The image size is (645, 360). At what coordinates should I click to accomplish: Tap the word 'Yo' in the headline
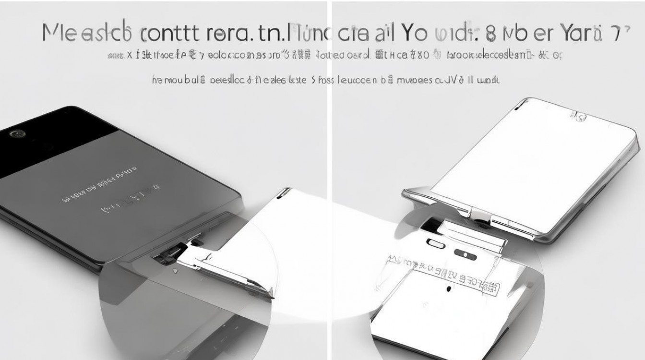[x=402, y=33]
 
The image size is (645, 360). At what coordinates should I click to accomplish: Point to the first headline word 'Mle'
[x=58, y=33]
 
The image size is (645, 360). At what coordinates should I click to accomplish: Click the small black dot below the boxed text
[x=448, y=289]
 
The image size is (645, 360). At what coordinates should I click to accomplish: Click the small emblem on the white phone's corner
[x=578, y=116]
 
